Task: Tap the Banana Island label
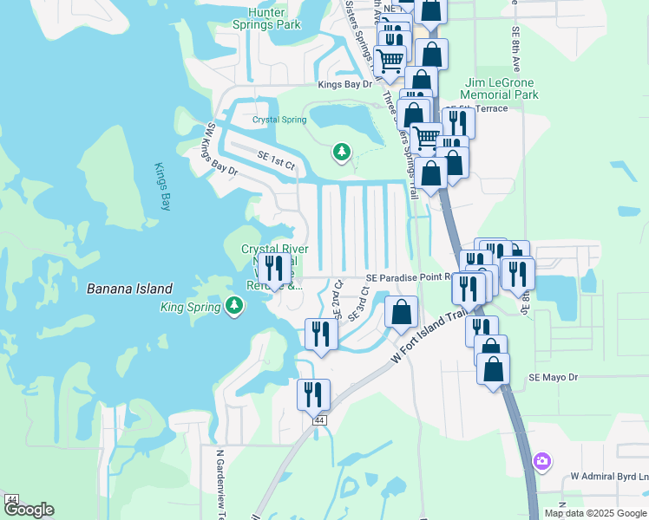point(129,289)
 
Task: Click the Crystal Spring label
point(279,120)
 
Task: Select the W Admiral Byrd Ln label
point(609,477)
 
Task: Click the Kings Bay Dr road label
point(344,84)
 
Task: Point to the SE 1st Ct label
point(277,159)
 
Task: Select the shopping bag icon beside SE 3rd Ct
point(401,312)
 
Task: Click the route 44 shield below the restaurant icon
point(320,420)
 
